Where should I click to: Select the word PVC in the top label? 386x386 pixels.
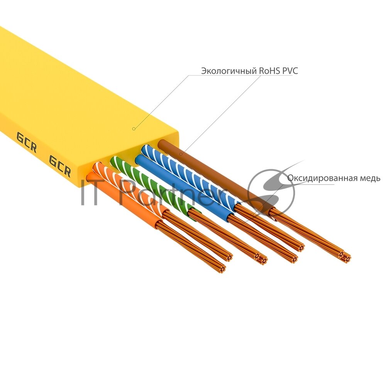coord(285,71)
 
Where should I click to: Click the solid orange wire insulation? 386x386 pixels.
coord(127,201)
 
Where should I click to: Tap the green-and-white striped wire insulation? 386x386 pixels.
coord(154,185)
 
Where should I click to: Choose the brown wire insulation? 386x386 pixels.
coord(208,170)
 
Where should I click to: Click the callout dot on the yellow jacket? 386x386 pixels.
coord(134,129)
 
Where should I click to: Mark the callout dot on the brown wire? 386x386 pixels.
coord(181,154)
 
